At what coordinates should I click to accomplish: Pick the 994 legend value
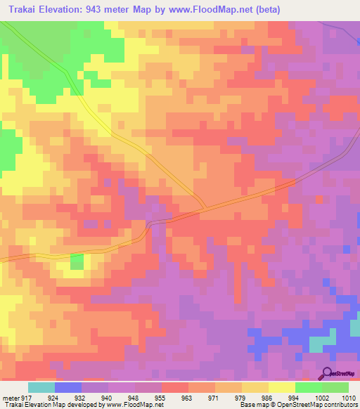(x=295, y=397)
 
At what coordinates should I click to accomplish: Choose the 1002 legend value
(x=322, y=397)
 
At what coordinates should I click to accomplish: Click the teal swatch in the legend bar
(x=41, y=387)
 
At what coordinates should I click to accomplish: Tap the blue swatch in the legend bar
(x=67, y=387)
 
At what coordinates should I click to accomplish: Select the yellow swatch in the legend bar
(x=281, y=387)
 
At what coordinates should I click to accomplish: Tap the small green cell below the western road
(x=76, y=262)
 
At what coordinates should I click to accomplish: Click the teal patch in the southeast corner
(x=322, y=344)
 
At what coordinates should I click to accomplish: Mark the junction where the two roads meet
(x=204, y=208)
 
